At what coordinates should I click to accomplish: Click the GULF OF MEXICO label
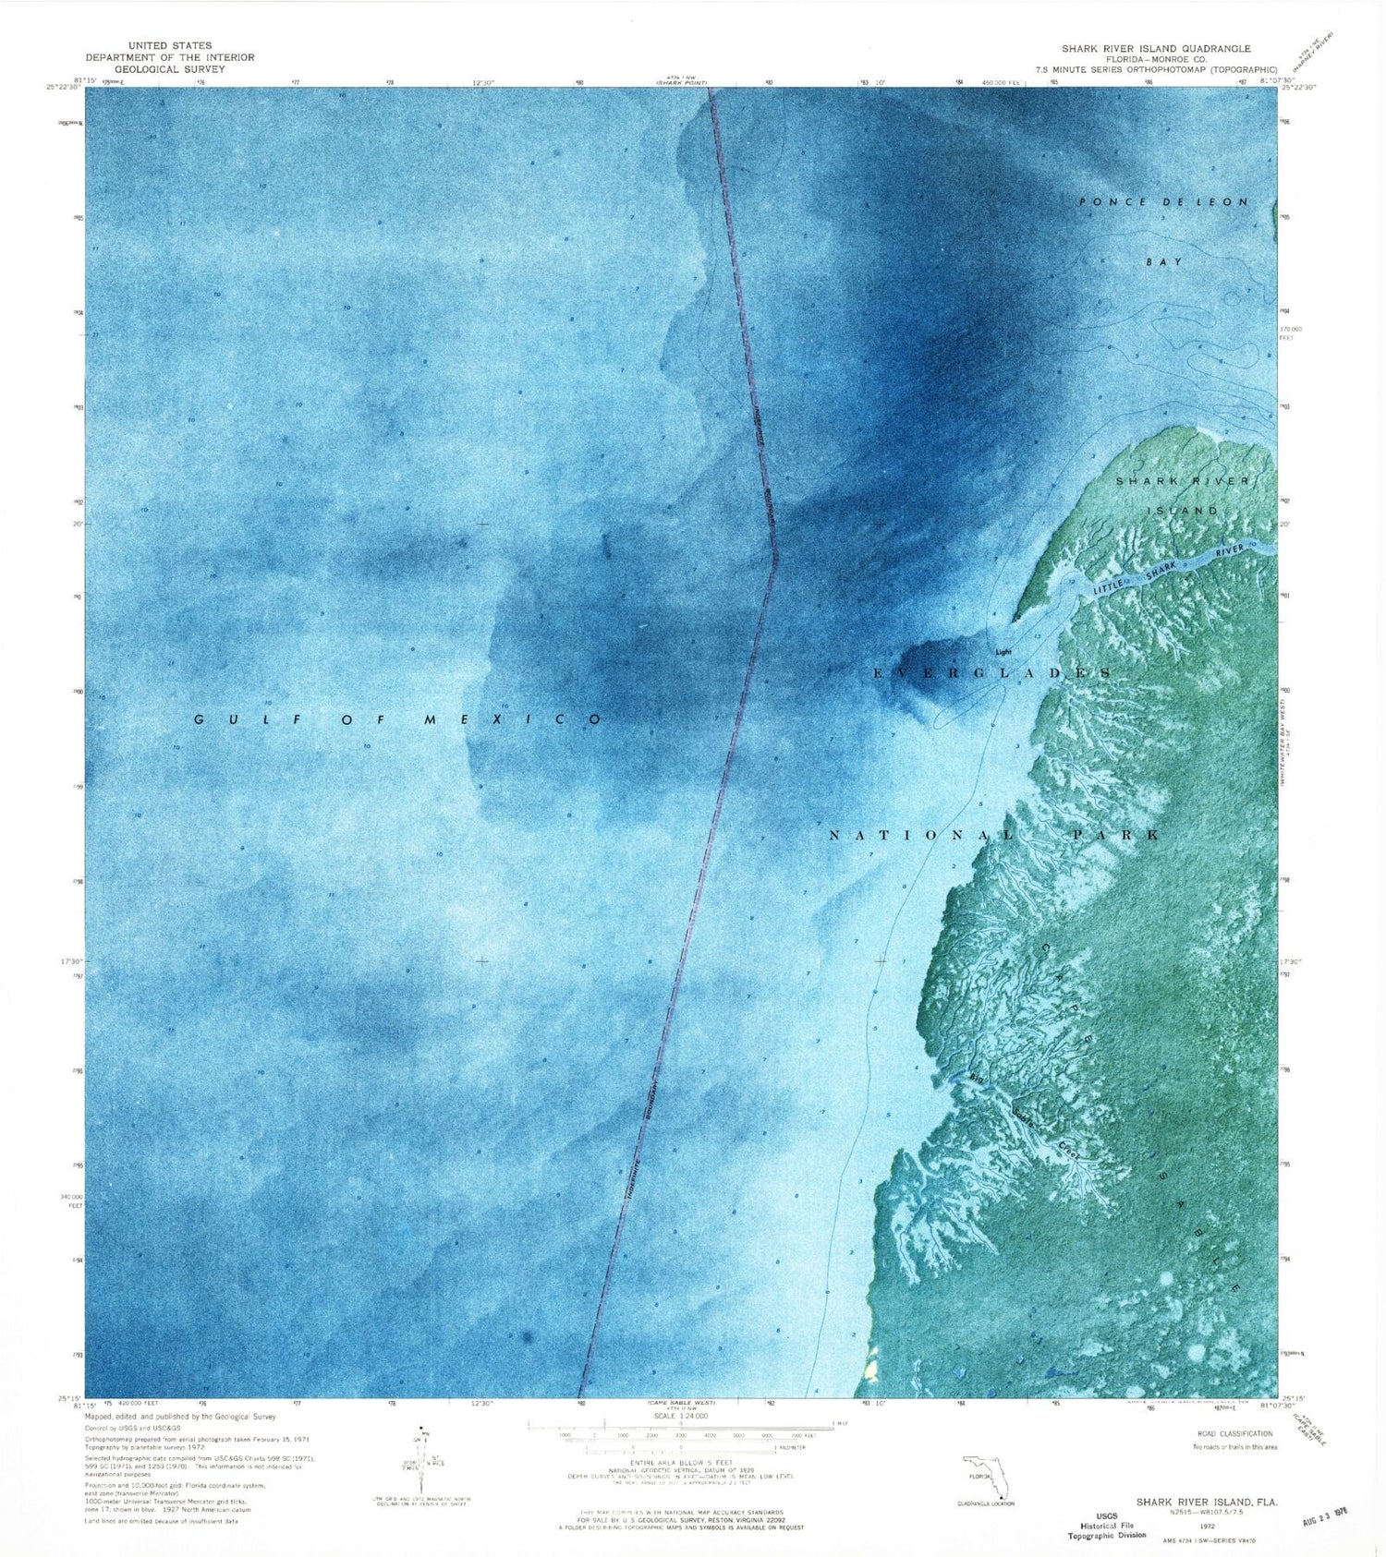click(398, 719)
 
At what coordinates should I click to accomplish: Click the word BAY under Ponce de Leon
click(1164, 262)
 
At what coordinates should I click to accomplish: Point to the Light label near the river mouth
click(1003, 652)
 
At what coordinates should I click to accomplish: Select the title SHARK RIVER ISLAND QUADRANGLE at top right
click(1156, 49)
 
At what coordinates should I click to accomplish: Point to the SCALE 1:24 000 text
click(679, 1416)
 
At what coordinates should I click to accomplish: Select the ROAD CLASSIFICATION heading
click(1232, 1434)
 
